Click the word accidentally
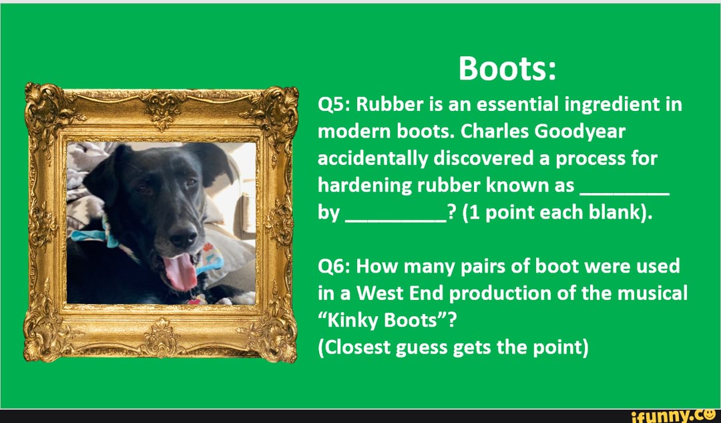point(373,159)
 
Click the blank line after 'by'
point(395,221)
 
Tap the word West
point(379,293)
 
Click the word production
point(499,293)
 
